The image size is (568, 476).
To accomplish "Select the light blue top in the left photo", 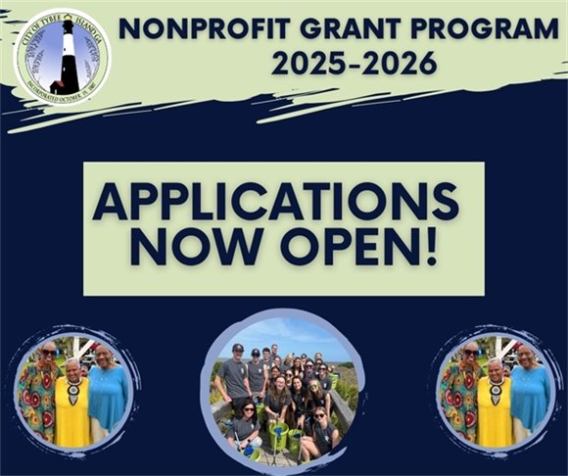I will coord(108,397).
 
